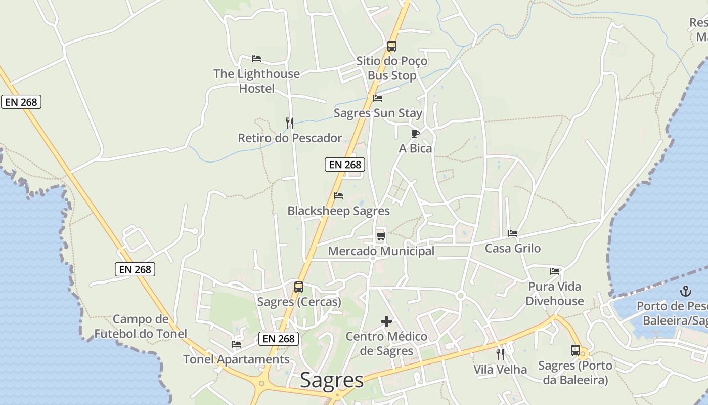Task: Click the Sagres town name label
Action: coord(332,381)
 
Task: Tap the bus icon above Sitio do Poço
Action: coord(392,46)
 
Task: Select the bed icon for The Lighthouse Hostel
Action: coord(256,59)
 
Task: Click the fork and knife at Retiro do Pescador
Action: coord(290,123)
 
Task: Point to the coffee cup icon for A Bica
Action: coord(415,134)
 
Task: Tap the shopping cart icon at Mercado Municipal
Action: coord(381,236)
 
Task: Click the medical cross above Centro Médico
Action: coord(386,321)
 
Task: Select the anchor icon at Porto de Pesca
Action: coord(686,291)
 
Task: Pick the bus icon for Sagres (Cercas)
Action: coord(299,287)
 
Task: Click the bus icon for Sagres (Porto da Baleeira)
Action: coord(576,350)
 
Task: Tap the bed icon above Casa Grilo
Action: coord(513,233)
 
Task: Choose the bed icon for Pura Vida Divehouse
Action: coord(555,271)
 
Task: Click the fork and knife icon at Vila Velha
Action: coord(500,354)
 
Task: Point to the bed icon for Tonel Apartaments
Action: coord(236,344)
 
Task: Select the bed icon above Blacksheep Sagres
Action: coord(338,196)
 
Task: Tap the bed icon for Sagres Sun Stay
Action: coord(378,98)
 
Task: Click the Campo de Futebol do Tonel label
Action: coord(141,327)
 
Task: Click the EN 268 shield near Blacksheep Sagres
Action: coord(345,165)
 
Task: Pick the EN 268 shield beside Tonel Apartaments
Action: coord(279,339)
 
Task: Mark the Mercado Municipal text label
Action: coord(381,251)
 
